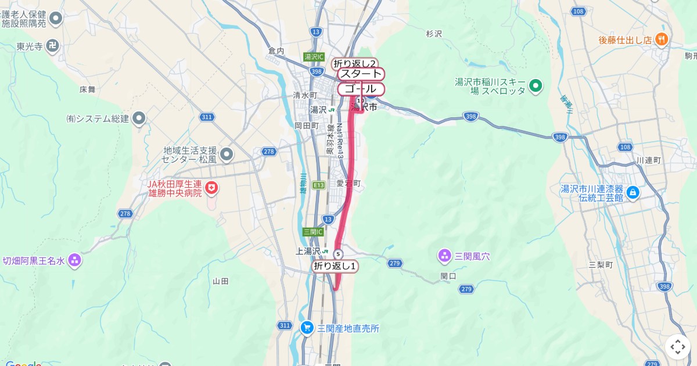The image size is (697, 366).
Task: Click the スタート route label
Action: [361, 74]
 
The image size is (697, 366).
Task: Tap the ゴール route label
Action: [361, 89]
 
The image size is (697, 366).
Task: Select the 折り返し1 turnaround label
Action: [335, 266]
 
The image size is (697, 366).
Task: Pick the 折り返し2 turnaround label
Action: [355, 63]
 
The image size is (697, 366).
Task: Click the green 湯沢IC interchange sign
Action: [314, 57]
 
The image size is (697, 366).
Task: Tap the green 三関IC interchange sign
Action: [312, 231]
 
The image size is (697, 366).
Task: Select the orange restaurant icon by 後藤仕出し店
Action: [661, 40]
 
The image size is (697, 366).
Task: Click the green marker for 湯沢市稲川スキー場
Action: [536, 86]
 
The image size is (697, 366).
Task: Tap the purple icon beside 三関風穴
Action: [444, 256]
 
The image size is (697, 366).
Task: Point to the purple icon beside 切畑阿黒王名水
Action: [74, 260]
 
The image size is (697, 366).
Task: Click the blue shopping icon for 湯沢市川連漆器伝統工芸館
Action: [633, 192]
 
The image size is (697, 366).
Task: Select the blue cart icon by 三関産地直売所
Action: [307, 328]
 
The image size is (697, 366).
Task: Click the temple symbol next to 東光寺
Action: [53, 45]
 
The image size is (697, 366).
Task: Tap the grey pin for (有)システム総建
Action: [139, 119]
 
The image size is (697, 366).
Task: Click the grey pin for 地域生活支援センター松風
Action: [227, 154]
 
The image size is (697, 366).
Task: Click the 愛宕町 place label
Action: [348, 184]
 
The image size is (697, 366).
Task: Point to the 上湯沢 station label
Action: [308, 251]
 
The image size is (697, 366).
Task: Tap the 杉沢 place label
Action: [434, 34]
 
